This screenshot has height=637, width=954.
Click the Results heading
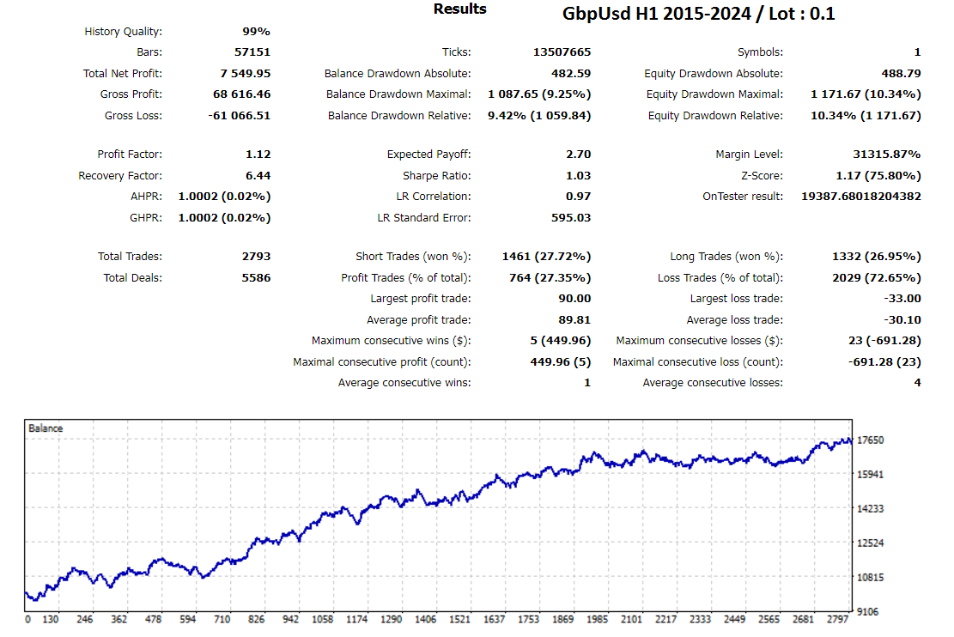click(x=459, y=9)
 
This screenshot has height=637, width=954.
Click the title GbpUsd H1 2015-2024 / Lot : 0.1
click(x=698, y=14)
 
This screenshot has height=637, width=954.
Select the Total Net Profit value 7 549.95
click(x=240, y=74)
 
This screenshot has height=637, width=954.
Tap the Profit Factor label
click(x=130, y=155)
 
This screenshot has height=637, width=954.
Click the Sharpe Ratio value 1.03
click(x=578, y=176)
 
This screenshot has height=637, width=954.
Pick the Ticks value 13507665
click(x=562, y=52)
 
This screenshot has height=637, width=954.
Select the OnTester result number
click(x=860, y=197)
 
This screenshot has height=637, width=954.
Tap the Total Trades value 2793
click(x=256, y=257)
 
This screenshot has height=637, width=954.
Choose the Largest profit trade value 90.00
click(x=574, y=299)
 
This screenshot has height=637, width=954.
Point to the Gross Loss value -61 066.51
click(x=240, y=116)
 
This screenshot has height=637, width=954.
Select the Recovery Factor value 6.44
click(x=258, y=176)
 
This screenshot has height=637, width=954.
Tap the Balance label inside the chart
click(x=46, y=428)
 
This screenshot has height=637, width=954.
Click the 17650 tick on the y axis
click(x=871, y=440)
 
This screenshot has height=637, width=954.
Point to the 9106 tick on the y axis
click(x=869, y=612)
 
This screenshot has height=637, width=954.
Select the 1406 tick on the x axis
click(x=425, y=619)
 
